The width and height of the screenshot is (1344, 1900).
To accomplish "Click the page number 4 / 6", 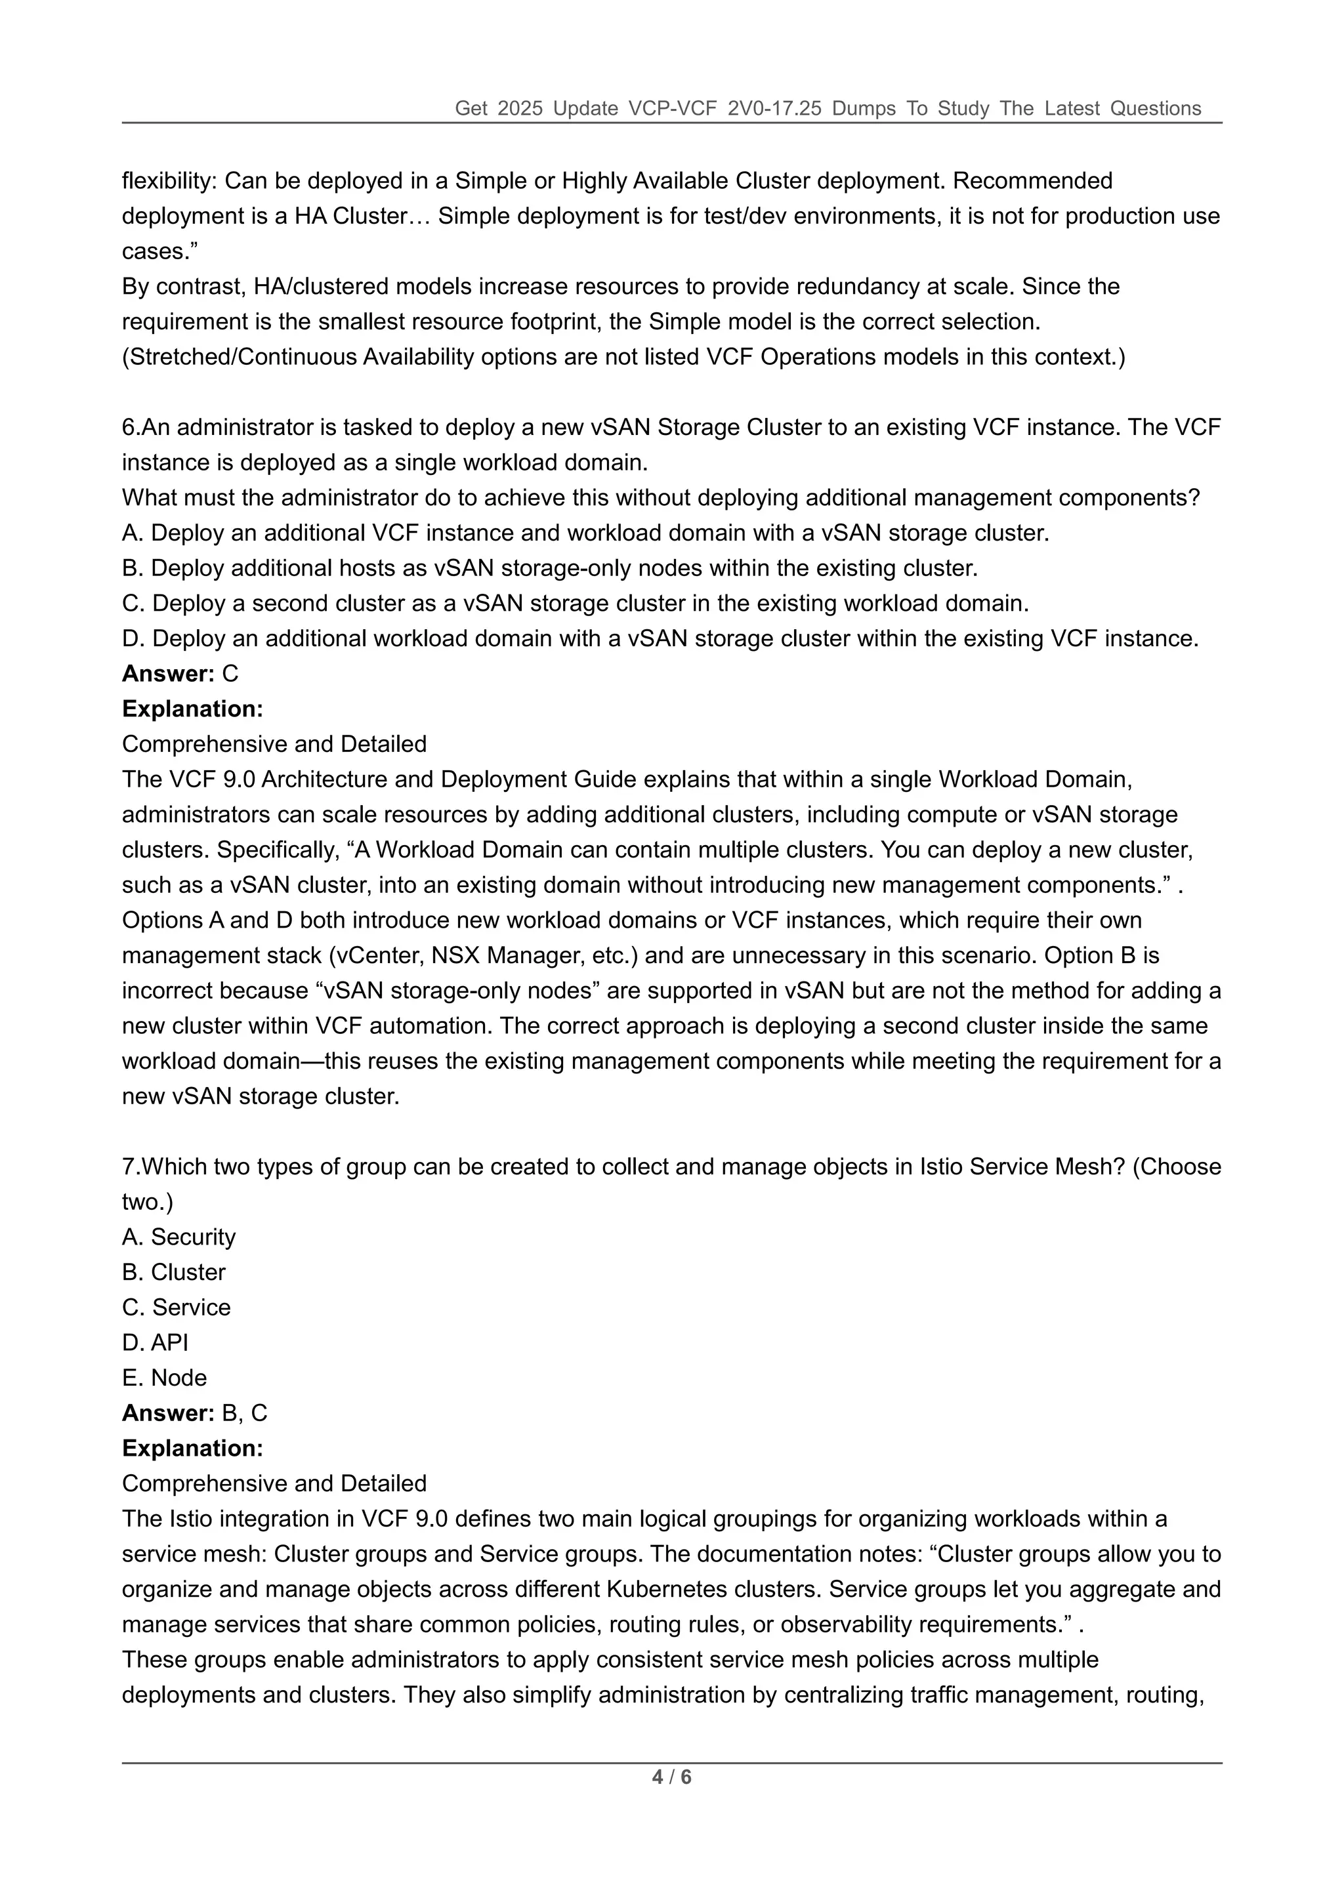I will tap(671, 1777).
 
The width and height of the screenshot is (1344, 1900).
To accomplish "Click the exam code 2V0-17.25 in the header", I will tap(774, 108).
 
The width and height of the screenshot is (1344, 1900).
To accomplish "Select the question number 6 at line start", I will tap(130, 428).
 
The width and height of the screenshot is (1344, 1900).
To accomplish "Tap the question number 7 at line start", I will tap(130, 1167).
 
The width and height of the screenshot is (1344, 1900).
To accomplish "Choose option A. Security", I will tap(178, 1237).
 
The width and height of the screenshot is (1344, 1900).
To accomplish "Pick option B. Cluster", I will tap(174, 1272).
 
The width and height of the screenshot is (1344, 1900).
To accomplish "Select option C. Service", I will tap(177, 1308).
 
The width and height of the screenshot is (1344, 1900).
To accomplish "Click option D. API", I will tap(155, 1342).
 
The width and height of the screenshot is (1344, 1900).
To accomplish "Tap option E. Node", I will tap(165, 1378).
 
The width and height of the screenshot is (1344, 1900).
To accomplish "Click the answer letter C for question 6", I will tap(230, 674).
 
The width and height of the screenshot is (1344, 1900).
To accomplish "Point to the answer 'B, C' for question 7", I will tap(245, 1413).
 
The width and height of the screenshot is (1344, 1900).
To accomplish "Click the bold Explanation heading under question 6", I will tap(192, 709).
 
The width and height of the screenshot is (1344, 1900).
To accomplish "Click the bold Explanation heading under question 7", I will tap(192, 1448).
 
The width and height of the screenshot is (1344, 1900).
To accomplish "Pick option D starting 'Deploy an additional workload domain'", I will tap(660, 639).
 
